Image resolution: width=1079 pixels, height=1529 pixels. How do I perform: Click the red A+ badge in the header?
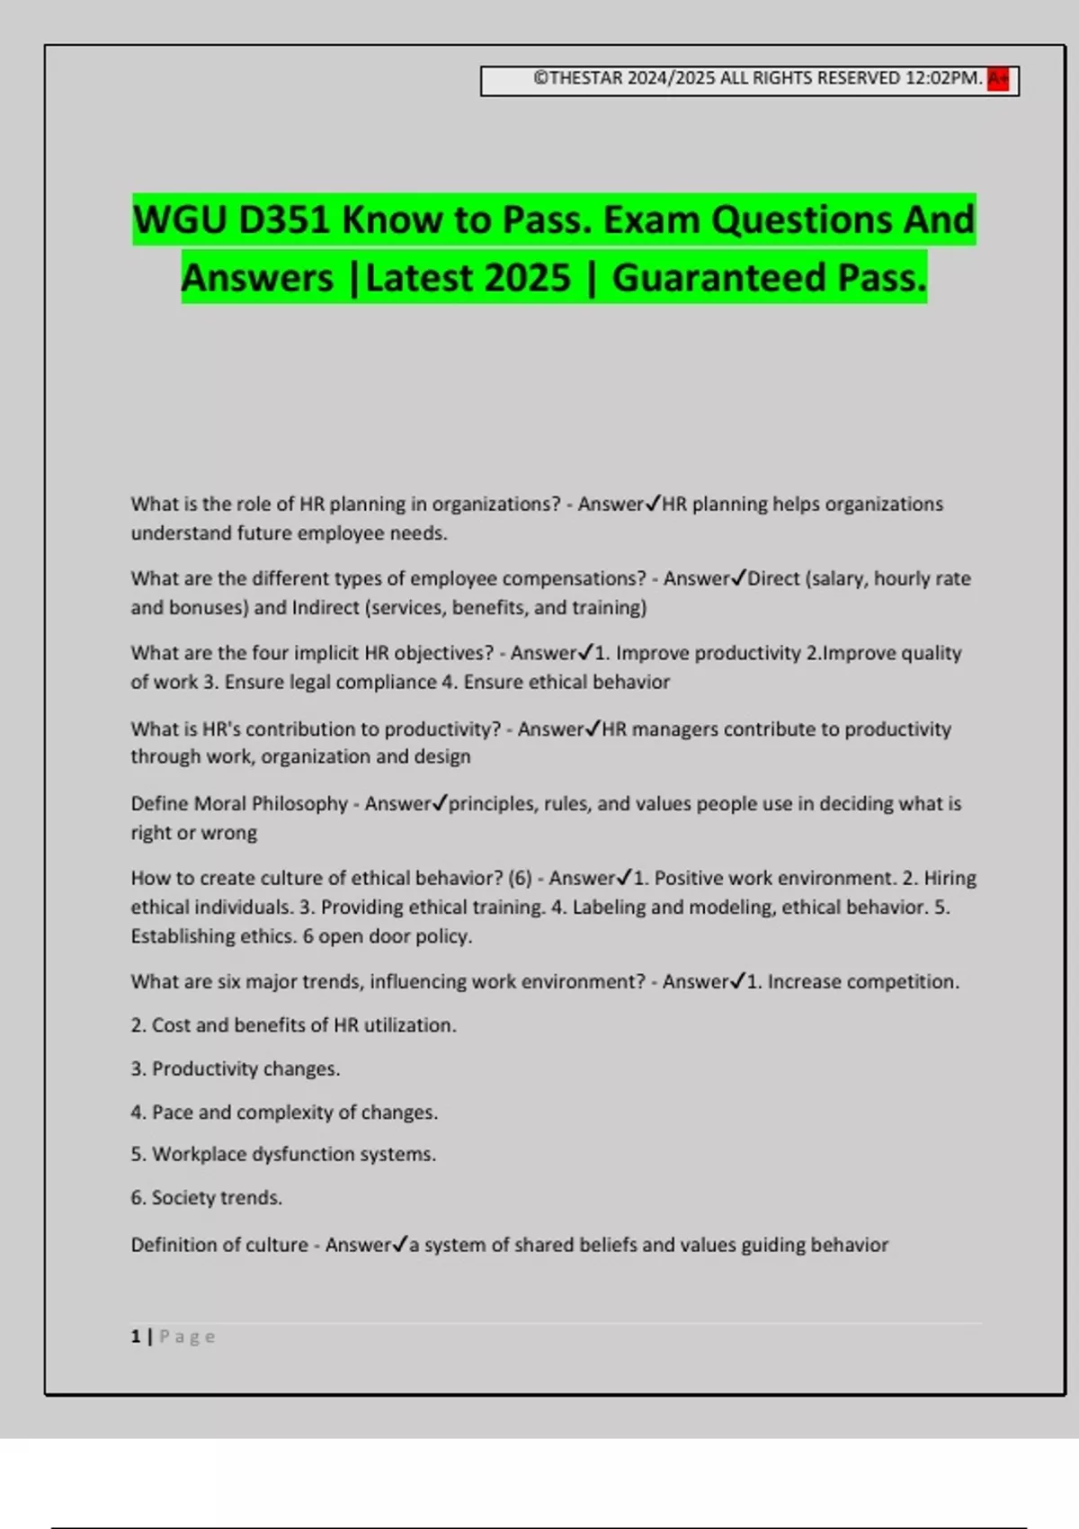coord(997,79)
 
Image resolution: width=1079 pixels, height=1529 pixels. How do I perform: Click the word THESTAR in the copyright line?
coord(585,78)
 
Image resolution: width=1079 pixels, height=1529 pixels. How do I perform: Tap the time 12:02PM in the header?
coord(942,78)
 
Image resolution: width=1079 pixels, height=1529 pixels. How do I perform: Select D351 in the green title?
coord(284,220)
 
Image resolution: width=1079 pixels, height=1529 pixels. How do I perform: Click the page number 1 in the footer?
coord(136,1337)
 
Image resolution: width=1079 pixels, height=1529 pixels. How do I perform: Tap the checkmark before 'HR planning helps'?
coord(654,504)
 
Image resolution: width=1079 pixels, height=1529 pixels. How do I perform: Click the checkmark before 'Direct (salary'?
coord(739,578)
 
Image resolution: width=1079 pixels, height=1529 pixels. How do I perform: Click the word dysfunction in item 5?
coord(303,1154)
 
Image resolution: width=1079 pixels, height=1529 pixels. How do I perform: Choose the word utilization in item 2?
coord(409,1025)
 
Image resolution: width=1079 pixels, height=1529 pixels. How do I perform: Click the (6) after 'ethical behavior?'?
coord(520,878)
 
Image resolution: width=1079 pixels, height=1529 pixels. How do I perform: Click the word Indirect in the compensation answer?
coord(325,608)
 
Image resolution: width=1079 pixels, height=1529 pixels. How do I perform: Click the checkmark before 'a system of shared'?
coord(401,1245)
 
